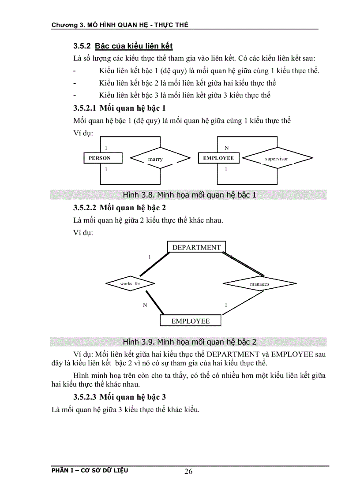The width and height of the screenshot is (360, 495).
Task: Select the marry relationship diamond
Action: click(155, 159)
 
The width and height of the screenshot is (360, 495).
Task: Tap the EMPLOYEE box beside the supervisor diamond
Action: click(218, 158)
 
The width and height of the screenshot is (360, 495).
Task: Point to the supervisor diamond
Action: click(277, 158)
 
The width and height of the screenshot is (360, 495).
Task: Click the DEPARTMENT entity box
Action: click(196, 247)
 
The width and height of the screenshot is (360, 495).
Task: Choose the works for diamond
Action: click(130, 283)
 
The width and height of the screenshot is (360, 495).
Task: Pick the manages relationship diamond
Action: click(259, 284)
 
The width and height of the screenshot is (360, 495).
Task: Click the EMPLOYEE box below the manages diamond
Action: click(191, 321)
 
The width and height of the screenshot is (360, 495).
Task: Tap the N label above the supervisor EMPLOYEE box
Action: click(226, 148)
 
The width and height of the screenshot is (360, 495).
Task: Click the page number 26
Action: click(188, 472)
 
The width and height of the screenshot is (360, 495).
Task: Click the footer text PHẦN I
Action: click(64, 470)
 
